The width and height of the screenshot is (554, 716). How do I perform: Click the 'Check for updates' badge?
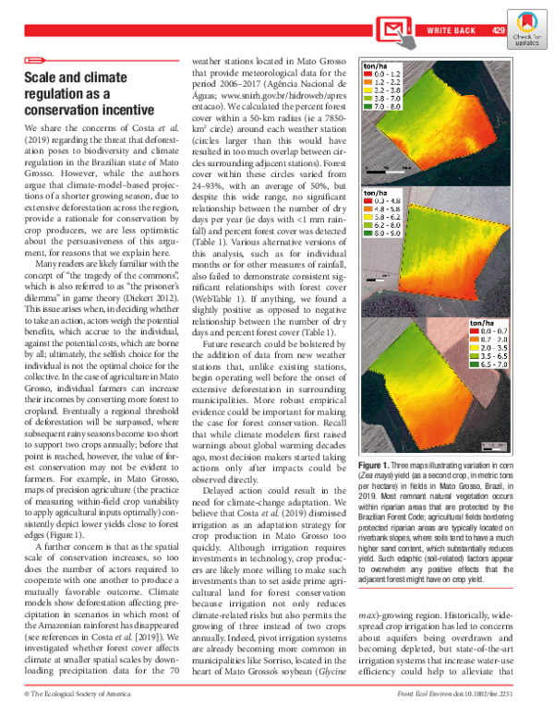(x=528, y=25)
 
